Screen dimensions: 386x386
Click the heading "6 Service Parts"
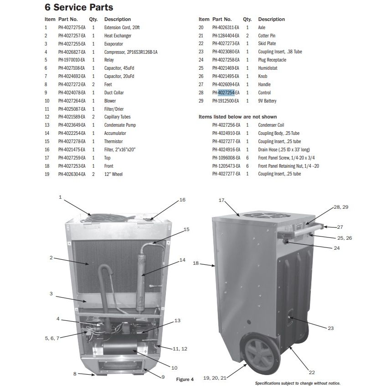click(79, 7)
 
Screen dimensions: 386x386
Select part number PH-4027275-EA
click(72, 27)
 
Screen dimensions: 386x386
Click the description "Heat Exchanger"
click(118, 36)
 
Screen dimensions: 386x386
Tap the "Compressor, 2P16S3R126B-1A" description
click(131, 52)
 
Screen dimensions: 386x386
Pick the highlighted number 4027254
click(226, 93)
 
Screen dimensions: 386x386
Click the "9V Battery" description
click(267, 101)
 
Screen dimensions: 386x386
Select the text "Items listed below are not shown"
click(237, 117)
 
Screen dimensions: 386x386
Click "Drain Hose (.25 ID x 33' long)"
click(284, 149)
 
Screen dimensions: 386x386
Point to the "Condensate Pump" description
click(120, 125)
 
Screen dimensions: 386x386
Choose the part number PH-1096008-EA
click(226, 158)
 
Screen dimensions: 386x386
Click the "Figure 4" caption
click(185, 379)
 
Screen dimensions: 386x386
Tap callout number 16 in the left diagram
click(182, 200)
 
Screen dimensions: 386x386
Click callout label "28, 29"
click(341, 207)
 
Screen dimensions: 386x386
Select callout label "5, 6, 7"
click(52, 338)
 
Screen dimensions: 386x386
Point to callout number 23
click(330, 328)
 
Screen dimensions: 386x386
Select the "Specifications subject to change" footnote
click(298, 383)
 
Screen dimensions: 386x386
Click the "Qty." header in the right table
click(247, 19)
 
